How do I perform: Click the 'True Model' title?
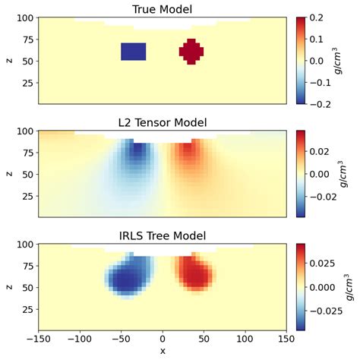coord(163,8)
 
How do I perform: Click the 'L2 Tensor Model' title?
coord(163,122)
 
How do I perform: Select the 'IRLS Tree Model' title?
coord(163,236)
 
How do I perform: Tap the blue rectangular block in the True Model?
coord(134,51)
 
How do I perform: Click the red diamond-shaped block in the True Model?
coord(191,51)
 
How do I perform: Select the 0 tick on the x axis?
coord(163,339)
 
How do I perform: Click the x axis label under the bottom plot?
coord(163,352)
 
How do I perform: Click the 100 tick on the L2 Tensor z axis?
coord(24,131)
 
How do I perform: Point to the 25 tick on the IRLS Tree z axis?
coord(26,310)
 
